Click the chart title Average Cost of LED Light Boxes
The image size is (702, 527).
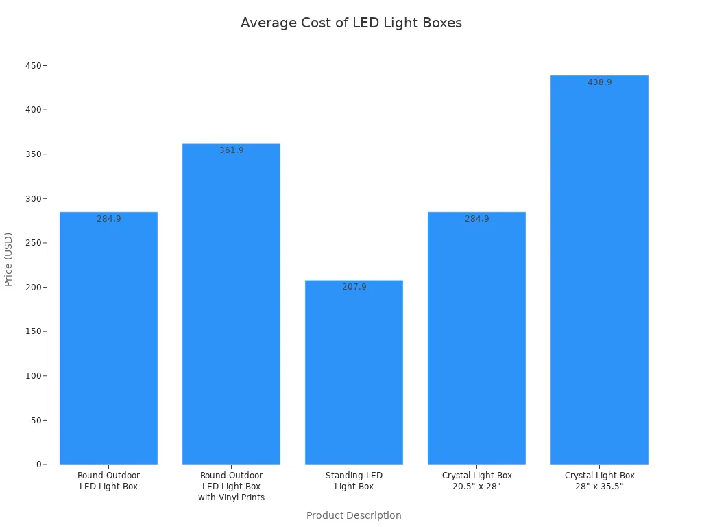(x=351, y=23)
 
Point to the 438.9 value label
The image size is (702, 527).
(x=599, y=82)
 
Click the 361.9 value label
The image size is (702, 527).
(x=231, y=150)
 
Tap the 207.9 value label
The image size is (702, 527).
(x=354, y=287)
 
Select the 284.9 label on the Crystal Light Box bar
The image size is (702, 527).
(x=476, y=219)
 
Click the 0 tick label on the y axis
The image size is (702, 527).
(x=39, y=465)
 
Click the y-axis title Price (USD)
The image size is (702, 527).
(x=9, y=259)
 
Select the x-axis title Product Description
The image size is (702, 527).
(x=354, y=515)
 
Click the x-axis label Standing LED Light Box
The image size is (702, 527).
(x=354, y=481)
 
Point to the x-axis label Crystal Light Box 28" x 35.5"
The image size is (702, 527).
(x=599, y=481)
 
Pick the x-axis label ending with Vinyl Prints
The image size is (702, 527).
(x=231, y=487)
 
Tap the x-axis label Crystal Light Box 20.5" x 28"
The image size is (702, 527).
(x=476, y=481)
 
